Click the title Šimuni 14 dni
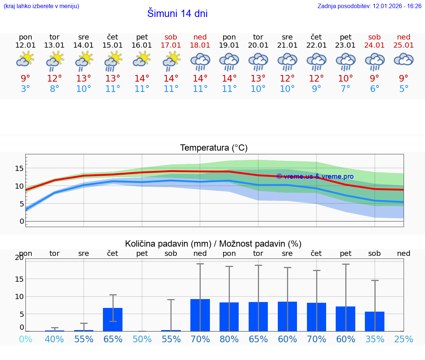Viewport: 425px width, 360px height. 177,14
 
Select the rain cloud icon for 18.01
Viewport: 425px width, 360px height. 200,61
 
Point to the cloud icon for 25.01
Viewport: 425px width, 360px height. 404,59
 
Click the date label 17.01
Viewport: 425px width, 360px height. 171,45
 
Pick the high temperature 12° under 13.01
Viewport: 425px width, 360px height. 55,79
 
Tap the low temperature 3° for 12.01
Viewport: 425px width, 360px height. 25,89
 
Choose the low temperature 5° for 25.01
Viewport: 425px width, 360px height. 404,89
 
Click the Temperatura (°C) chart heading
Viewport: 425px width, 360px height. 214,148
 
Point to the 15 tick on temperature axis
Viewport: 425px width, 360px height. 19,168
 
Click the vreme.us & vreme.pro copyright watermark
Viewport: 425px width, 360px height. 315,176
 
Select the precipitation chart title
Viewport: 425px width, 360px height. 213,244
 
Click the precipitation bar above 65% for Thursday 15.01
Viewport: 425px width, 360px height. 113,319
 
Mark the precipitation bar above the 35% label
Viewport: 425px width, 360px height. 374,321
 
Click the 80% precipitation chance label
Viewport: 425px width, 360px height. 229,339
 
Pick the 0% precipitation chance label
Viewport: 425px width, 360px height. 25,339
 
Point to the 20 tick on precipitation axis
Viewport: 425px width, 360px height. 19,258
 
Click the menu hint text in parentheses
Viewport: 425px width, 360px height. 41,6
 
